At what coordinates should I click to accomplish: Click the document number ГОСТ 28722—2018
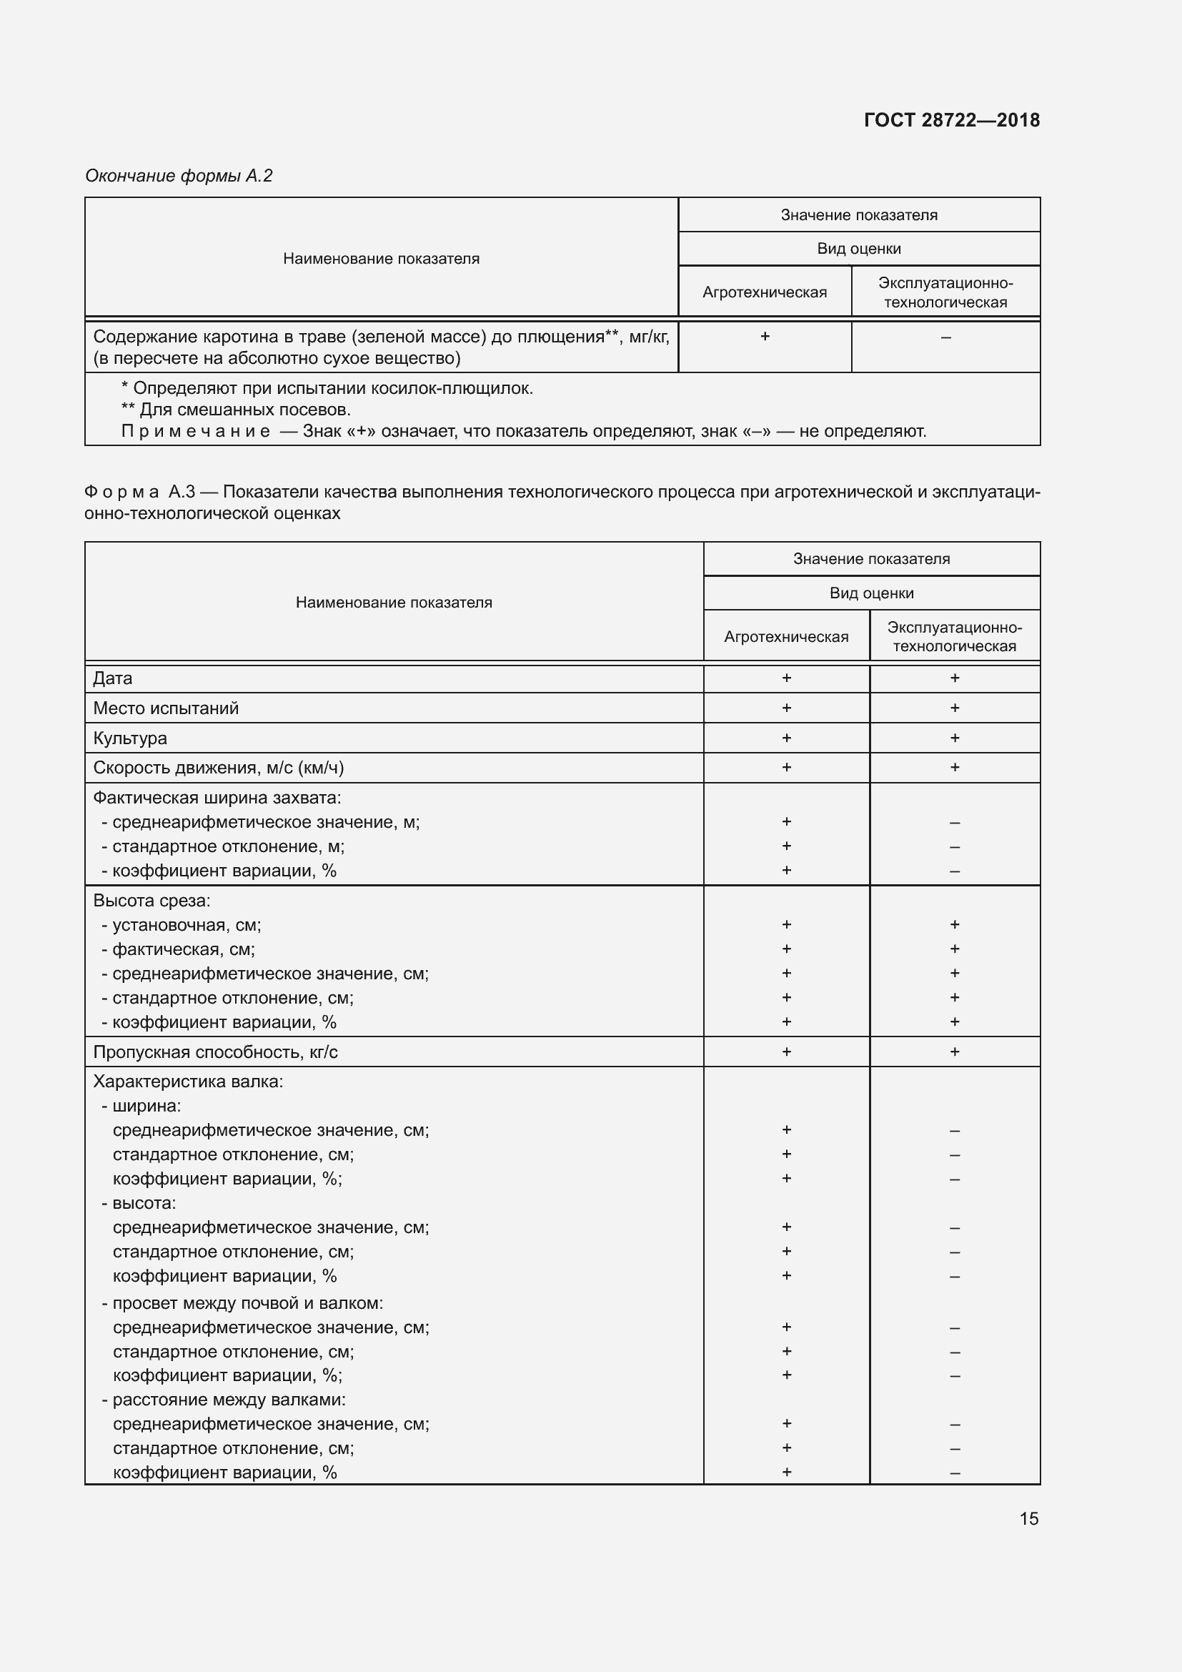(951, 120)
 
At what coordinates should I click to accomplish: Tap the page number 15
(1028, 1518)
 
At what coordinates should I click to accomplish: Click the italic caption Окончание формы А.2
(179, 176)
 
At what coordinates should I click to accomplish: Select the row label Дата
(113, 678)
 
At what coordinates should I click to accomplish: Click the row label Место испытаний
(166, 708)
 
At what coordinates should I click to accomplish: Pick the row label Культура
(130, 738)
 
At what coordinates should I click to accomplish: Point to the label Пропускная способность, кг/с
(215, 1052)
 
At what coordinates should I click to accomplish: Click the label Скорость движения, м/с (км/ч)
(219, 768)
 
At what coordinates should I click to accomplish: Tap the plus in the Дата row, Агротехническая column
(786, 678)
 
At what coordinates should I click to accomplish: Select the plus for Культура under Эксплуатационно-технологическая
(954, 738)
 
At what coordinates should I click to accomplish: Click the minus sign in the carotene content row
(945, 337)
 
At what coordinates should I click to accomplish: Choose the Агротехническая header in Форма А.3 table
(786, 636)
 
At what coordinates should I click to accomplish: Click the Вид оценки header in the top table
(859, 249)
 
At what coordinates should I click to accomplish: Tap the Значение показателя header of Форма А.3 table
(871, 558)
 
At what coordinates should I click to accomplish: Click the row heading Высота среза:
(152, 900)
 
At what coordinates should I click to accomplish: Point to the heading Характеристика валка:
(188, 1082)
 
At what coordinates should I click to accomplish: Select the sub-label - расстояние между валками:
(224, 1399)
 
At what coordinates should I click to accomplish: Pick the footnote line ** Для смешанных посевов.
(236, 410)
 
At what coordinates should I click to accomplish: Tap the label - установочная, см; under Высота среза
(182, 925)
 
